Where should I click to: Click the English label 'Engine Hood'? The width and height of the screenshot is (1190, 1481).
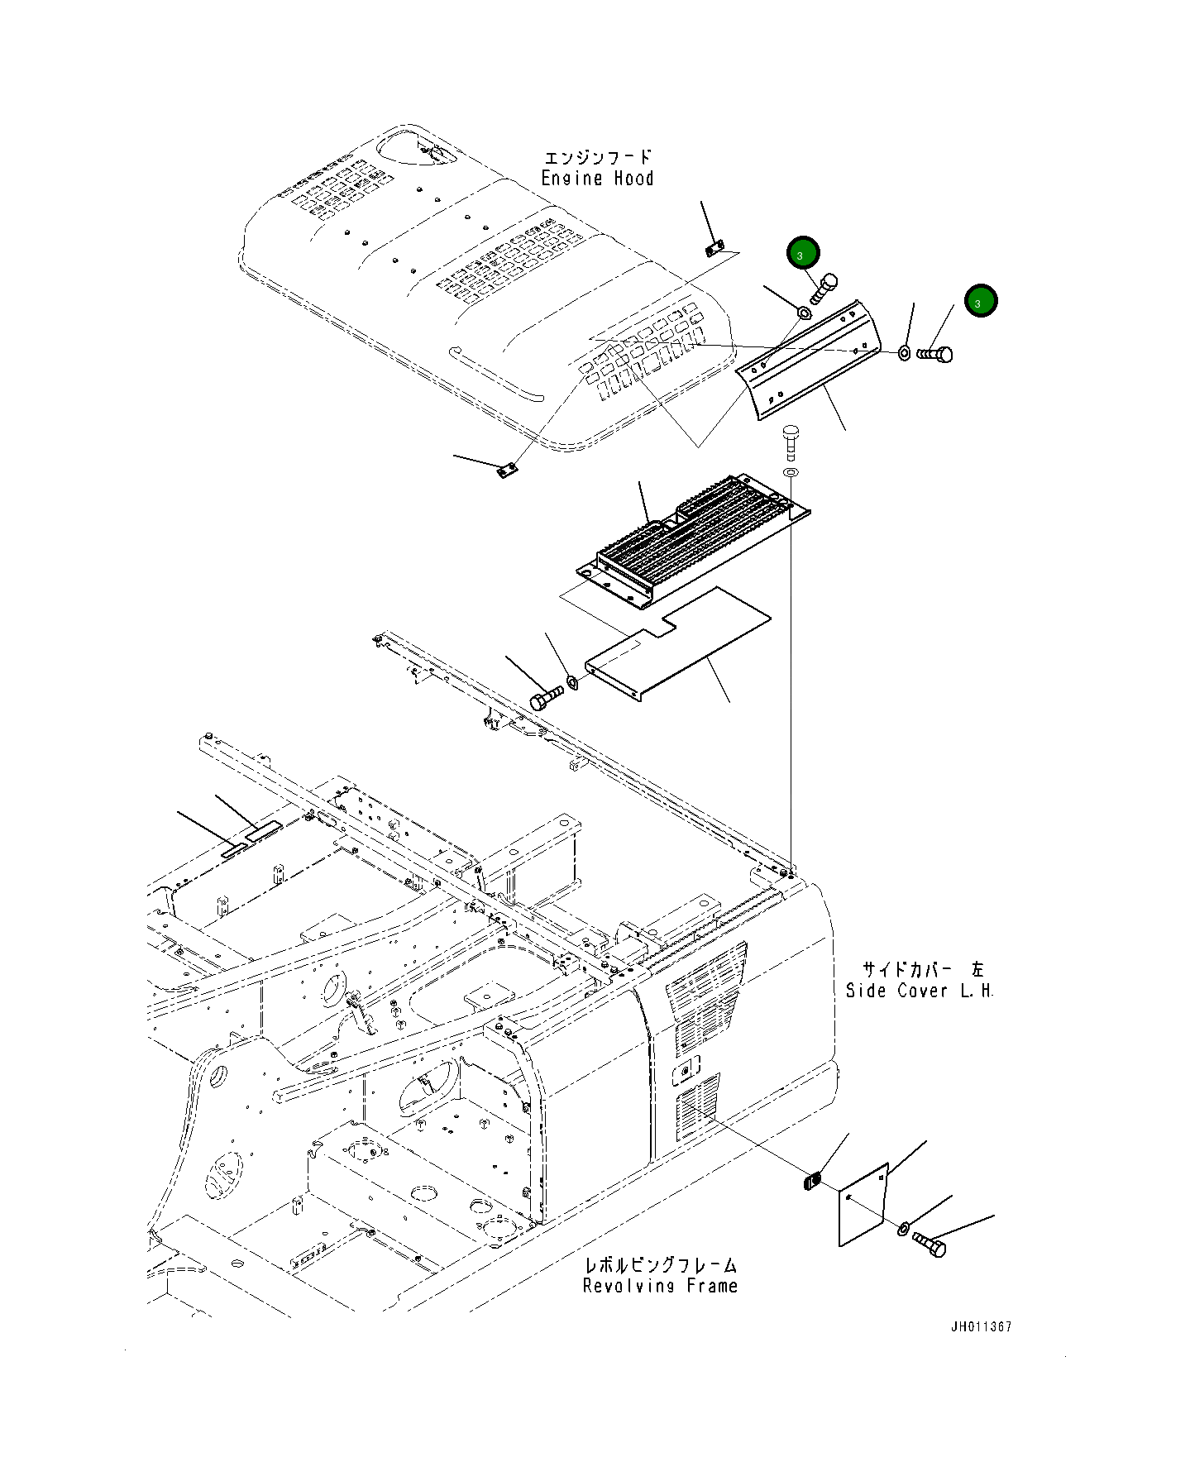pos(597,179)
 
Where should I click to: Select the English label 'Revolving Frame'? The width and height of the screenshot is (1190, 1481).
pos(660,1286)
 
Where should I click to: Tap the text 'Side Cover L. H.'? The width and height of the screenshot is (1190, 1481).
pos(919,991)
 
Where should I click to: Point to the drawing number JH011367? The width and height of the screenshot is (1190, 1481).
pos(981,1327)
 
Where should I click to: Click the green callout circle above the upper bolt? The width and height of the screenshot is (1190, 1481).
pos(803,254)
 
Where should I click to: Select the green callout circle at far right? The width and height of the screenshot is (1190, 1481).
pos(980,302)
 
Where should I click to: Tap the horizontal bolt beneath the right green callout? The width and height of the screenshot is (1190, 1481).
pos(935,354)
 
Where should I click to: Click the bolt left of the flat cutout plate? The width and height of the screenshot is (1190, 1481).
pos(546,700)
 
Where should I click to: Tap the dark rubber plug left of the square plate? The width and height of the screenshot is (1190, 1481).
pos(811,1180)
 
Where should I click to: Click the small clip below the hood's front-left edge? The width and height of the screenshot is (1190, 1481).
pos(507,471)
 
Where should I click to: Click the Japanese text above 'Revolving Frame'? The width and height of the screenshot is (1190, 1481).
pos(660,1264)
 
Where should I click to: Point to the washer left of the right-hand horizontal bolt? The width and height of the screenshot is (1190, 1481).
pos(904,353)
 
